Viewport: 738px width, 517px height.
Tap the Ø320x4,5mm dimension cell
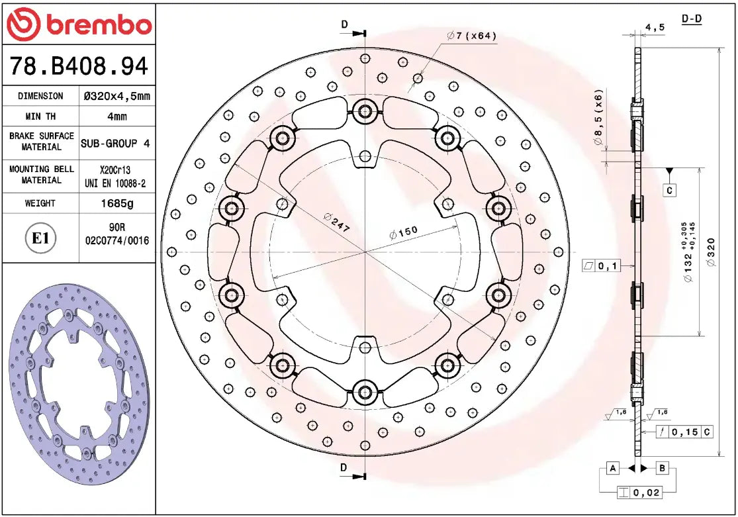[x=117, y=96]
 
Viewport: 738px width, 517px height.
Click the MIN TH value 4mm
[x=117, y=117]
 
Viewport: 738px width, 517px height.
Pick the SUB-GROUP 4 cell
[x=115, y=142]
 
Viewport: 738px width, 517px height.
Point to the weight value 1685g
[x=117, y=203]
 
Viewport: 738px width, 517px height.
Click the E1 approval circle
[x=41, y=238]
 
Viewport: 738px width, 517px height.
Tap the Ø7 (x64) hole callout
[x=472, y=36]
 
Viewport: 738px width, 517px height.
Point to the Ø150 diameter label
[x=404, y=233]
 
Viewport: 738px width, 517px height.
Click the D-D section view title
[x=692, y=19]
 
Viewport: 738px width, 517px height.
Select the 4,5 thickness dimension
[x=655, y=27]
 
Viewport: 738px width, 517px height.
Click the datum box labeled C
[x=669, y=191]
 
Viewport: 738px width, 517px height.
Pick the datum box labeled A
[x=614, y=469]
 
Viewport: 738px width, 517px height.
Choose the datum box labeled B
[x=663, y=469]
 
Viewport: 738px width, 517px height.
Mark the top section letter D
[x=344, y=24]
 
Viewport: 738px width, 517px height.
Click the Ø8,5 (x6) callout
[x=598, y=117]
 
